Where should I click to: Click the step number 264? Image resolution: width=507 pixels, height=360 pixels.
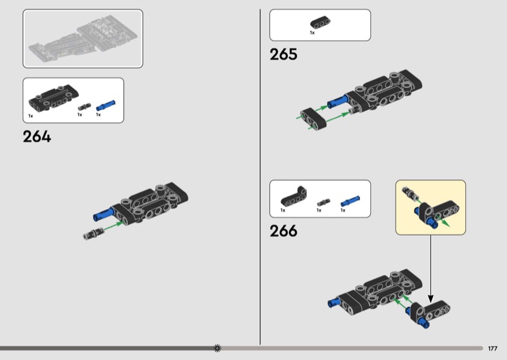37,136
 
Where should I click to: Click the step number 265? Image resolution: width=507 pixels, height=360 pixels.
283,55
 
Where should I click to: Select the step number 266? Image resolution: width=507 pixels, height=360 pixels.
283,231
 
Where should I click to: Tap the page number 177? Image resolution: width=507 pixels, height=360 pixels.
492,349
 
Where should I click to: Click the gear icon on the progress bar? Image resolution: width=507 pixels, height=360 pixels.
217,348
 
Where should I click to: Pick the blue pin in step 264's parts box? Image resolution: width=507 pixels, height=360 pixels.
105,105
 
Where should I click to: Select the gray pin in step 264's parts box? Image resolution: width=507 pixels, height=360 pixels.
84,106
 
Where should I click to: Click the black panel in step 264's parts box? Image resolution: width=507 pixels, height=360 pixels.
53,97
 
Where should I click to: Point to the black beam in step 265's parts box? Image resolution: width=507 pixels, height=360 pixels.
320,22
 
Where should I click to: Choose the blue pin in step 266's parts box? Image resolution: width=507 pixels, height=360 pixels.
350,201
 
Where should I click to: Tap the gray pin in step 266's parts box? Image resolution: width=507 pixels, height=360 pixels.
323,202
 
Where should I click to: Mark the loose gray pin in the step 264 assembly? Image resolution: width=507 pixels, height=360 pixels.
93,233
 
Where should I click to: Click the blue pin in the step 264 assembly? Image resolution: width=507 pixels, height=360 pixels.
103,214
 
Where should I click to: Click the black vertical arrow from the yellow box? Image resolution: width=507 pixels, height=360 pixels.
430,269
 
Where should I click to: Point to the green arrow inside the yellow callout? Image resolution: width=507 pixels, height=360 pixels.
442,221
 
